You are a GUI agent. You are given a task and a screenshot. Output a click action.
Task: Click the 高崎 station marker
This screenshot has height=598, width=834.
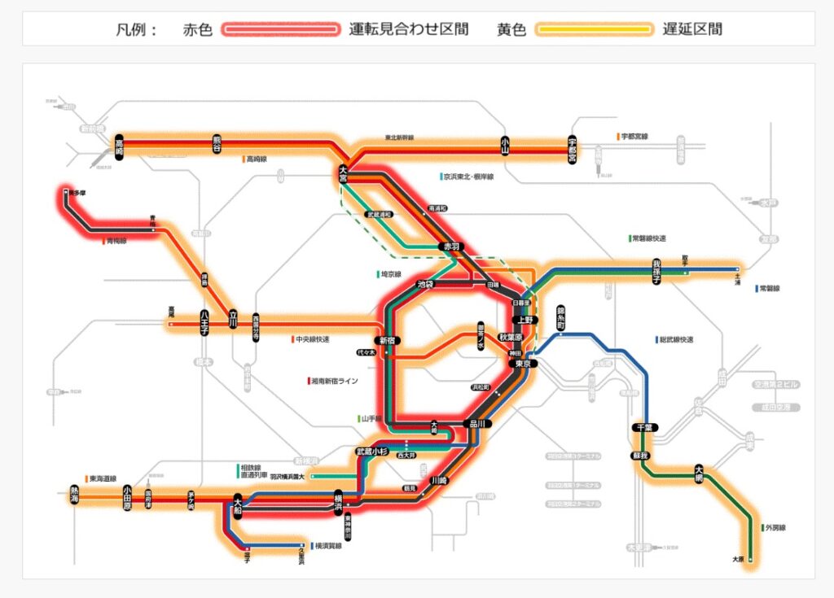[119, 146]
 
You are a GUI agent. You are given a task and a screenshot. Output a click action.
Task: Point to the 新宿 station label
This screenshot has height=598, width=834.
[386, 340]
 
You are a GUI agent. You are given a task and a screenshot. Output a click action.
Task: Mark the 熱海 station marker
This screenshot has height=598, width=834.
[74, 495]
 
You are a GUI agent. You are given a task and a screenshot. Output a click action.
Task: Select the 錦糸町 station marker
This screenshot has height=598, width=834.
[560, 318]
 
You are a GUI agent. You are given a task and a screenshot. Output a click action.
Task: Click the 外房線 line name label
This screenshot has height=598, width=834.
[776, 528]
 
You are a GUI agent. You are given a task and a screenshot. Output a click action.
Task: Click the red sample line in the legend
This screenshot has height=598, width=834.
[281, 29]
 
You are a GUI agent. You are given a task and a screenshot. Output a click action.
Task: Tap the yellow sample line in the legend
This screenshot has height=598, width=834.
[594, 29]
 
